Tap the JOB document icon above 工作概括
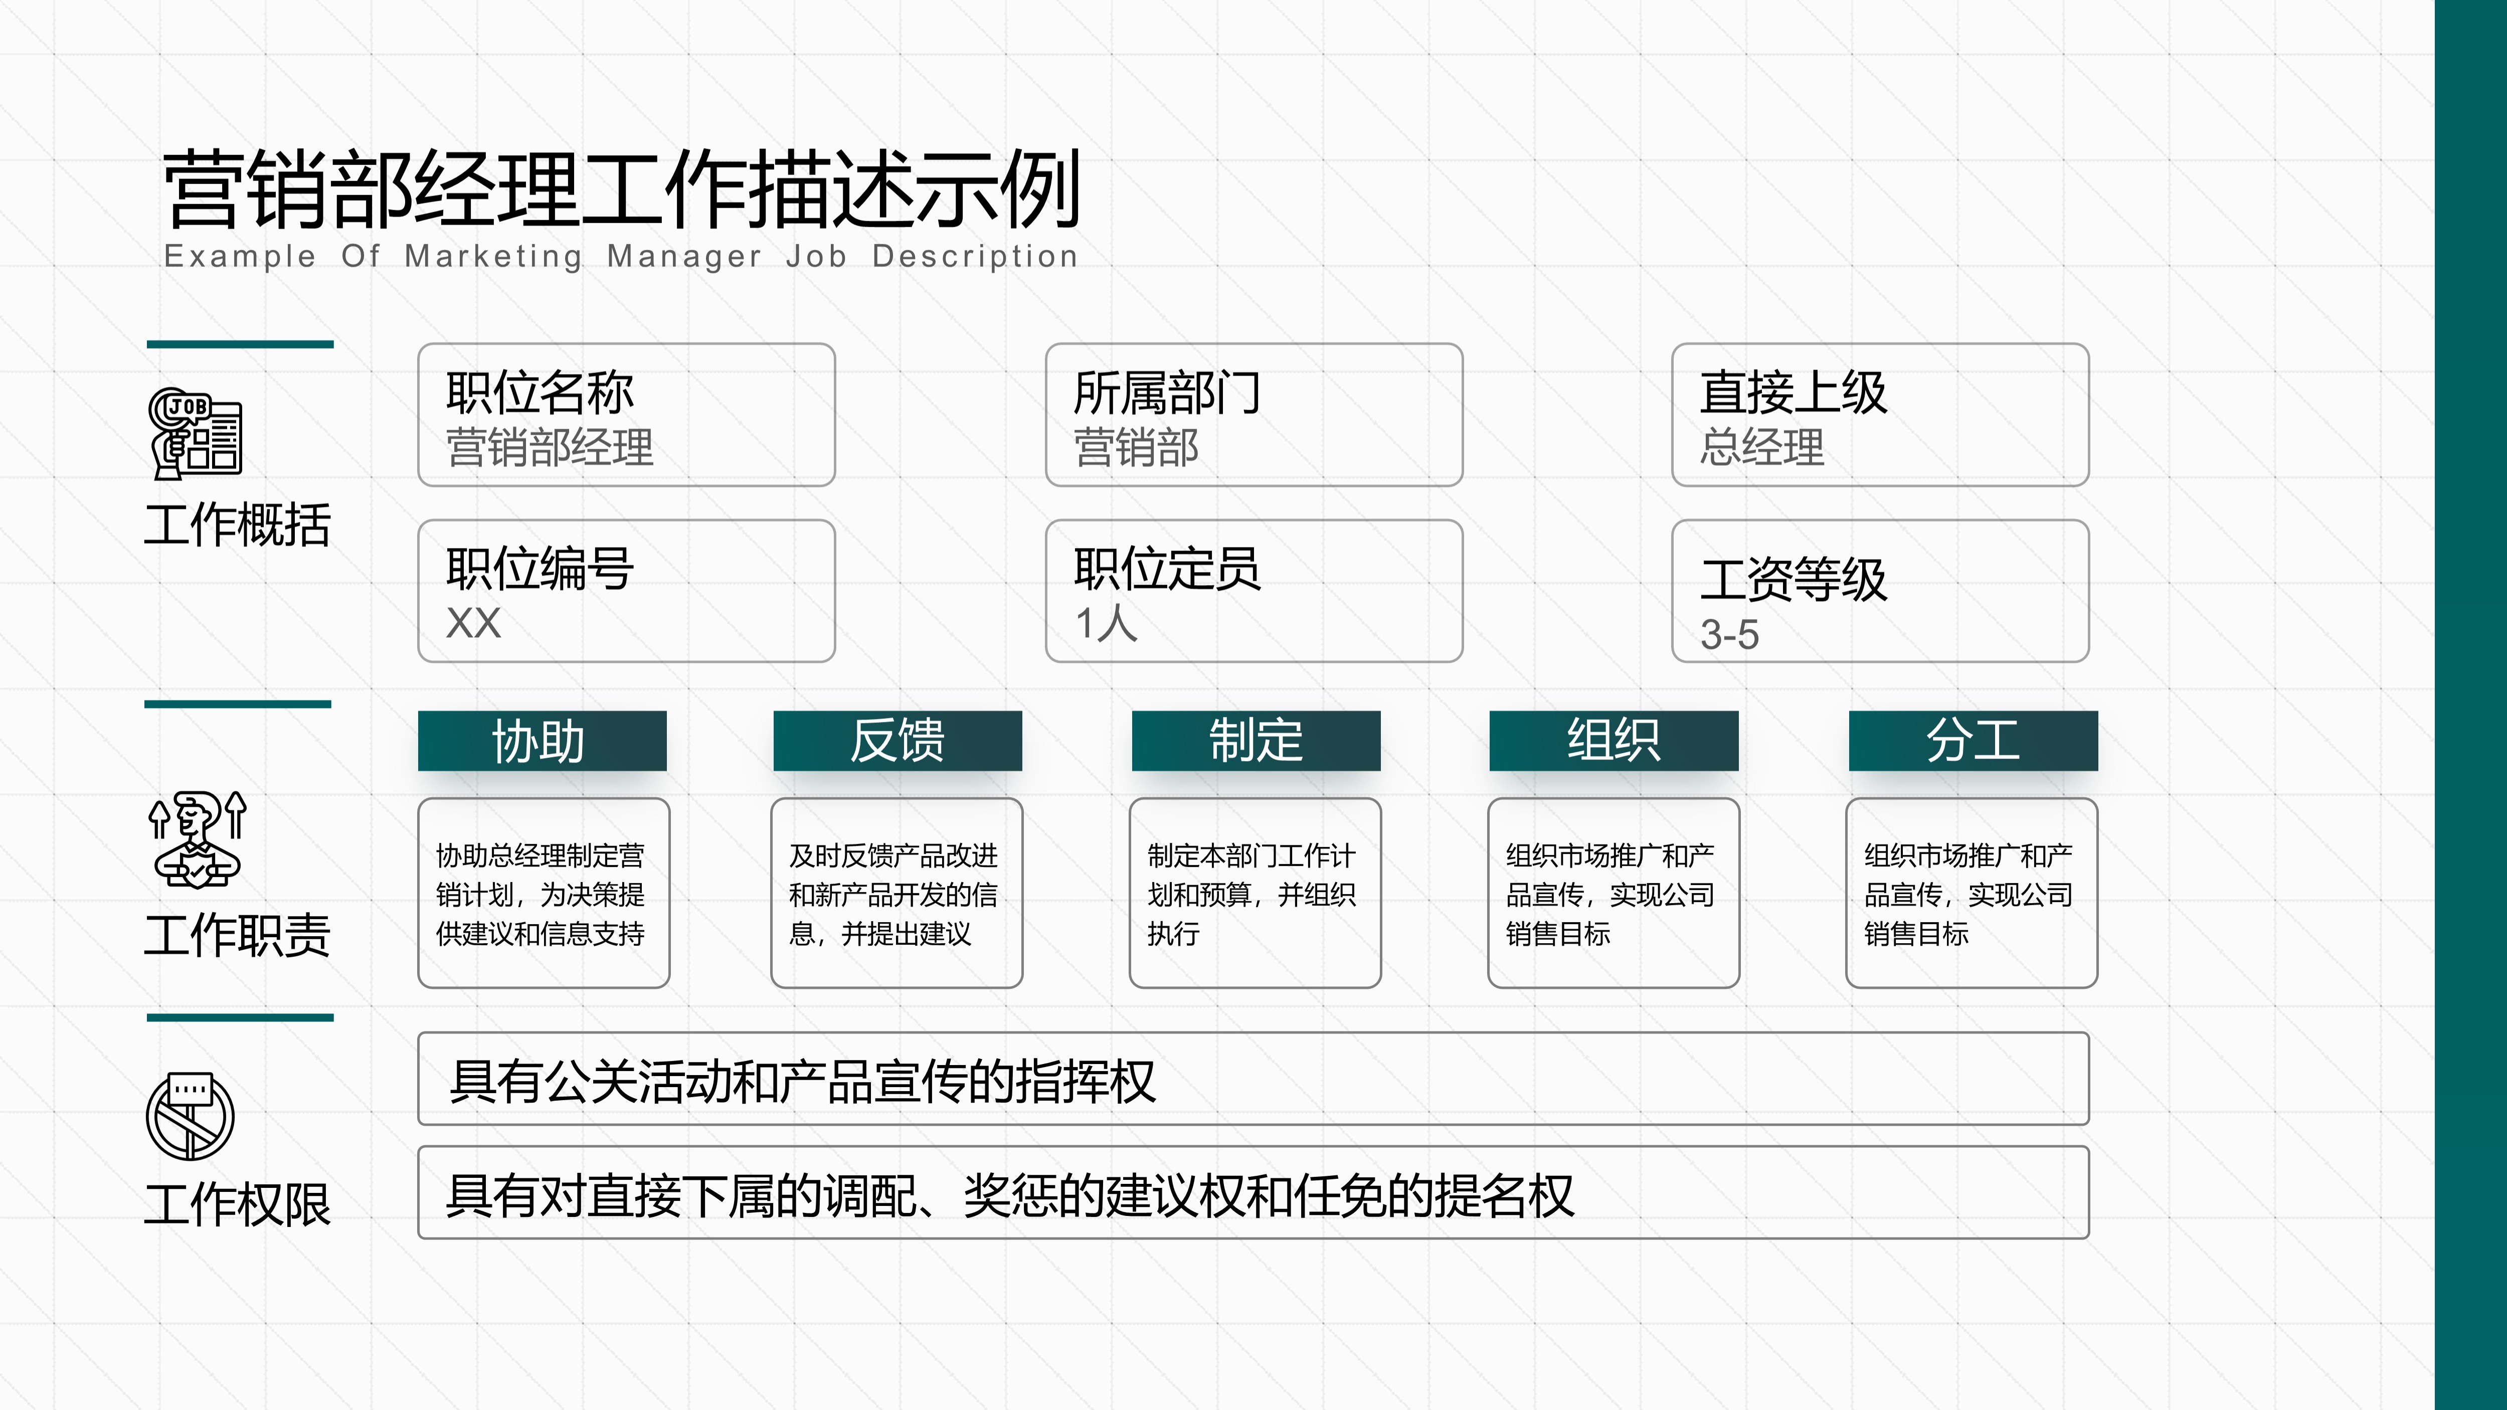195,433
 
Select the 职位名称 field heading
540,393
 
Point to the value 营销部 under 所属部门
1136,448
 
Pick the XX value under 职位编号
473,623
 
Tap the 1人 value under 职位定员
1106,623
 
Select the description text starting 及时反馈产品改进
893,894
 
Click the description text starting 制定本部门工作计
1251,894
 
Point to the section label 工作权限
238,1205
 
